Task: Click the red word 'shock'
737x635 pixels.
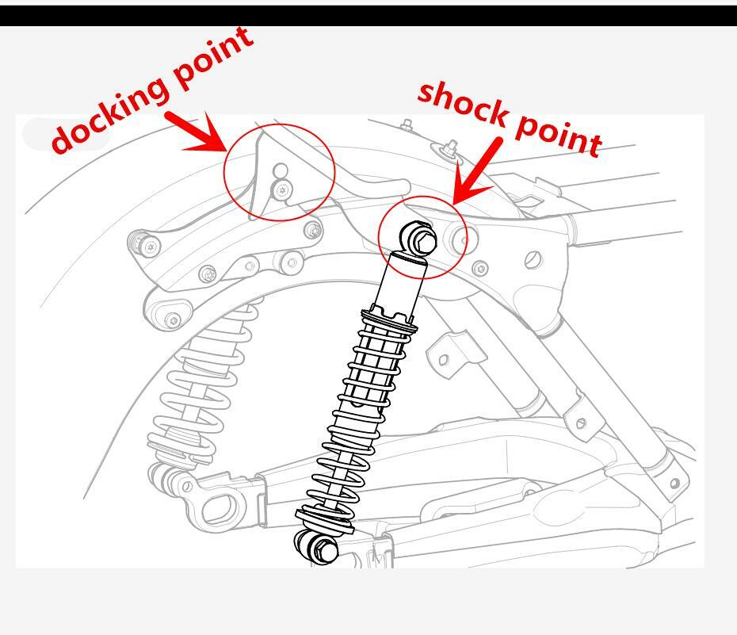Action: tap(464, 103)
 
